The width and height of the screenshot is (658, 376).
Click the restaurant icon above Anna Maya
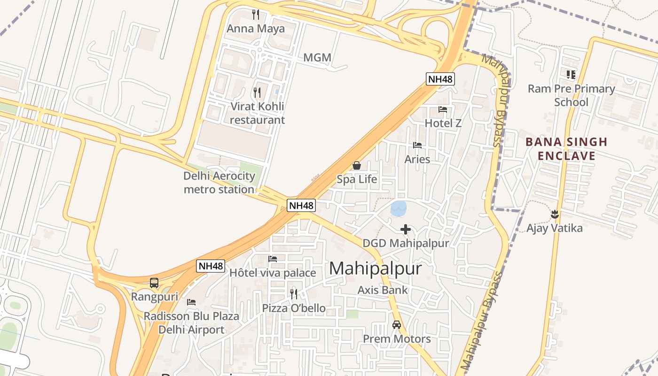coord(256,15)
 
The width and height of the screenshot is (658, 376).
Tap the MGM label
coord(317,58)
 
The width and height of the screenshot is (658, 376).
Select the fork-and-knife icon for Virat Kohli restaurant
coord(257,92)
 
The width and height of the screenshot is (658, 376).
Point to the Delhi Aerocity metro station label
coord(219,183)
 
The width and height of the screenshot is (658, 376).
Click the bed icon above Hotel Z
coord(443,110)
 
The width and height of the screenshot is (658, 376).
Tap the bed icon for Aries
coord(417,145)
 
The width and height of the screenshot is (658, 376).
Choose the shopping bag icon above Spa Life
coord(357,165)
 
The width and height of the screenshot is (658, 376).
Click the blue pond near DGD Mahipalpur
coord(399,208)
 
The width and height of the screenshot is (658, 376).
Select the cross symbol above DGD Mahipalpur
coord(406,229)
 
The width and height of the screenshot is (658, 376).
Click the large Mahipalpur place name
coord(376,268)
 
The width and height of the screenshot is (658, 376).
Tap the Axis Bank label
coord(383,290)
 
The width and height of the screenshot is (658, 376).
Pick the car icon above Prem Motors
coord(397,325)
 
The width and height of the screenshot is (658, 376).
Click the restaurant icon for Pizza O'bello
coord(294,294)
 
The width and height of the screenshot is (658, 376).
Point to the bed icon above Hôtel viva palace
coord(273,259)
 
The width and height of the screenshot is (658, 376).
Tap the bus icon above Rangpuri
coord(154,283)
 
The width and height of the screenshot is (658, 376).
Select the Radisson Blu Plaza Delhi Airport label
coord(191,323)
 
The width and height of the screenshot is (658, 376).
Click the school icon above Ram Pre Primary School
coord(571,74)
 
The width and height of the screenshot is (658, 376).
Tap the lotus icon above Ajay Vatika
coord(555,214)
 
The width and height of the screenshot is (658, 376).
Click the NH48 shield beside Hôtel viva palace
coord(211,266)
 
